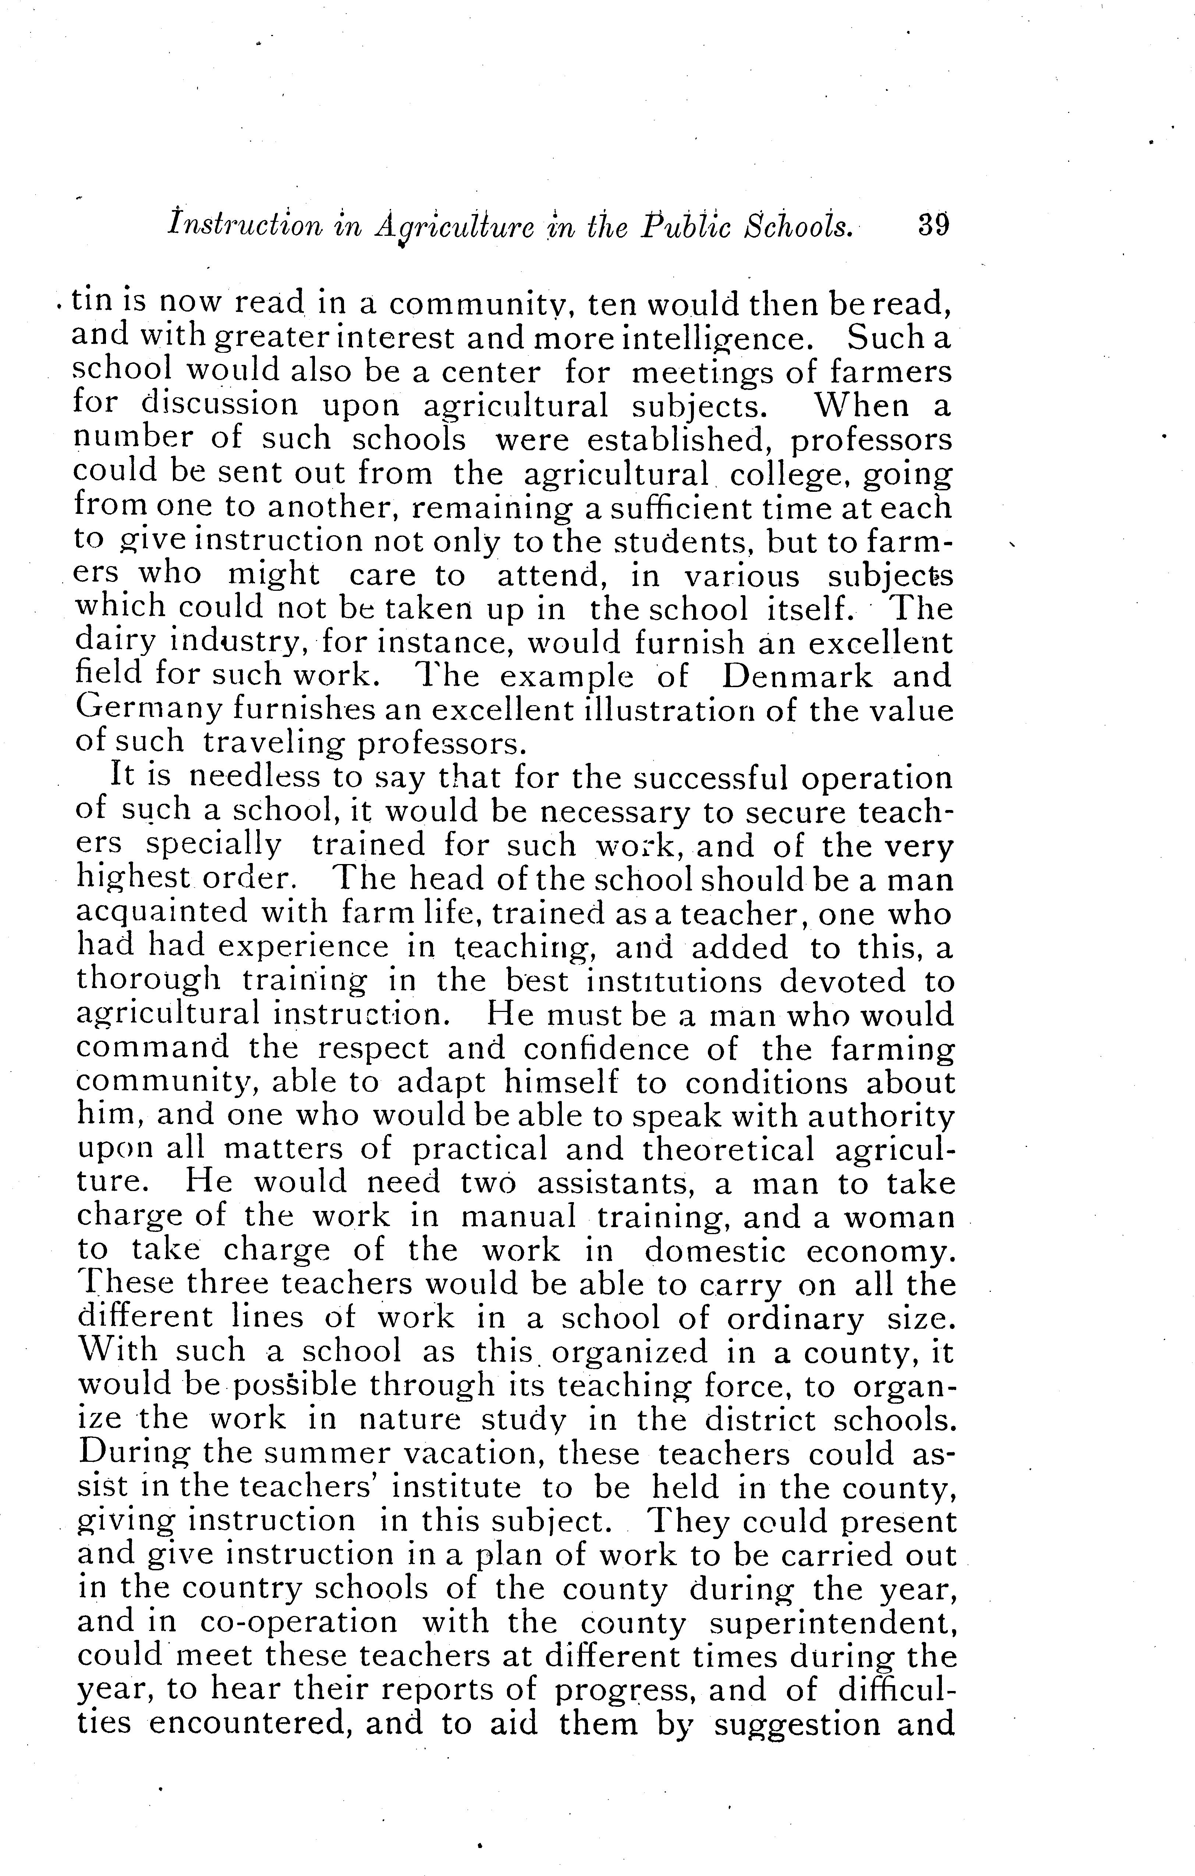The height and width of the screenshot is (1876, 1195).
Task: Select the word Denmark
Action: tap(797, 676)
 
